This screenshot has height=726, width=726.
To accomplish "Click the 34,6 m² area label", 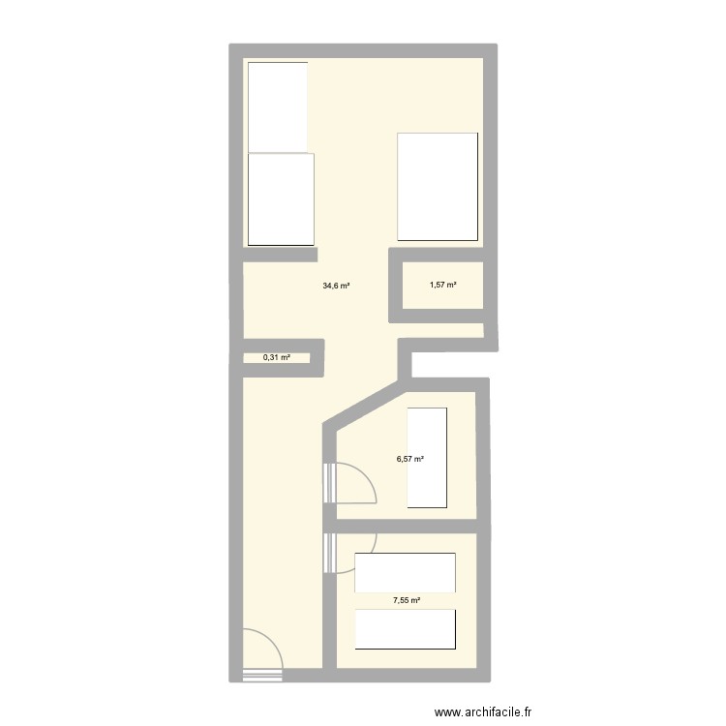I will (x=336, y=286).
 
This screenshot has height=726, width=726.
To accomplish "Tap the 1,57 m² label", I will (x=442, y=285).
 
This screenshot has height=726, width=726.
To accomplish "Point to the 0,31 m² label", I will (x=276, y=357).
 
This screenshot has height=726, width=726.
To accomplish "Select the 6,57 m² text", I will (x=409, y=460).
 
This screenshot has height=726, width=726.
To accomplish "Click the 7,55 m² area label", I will (x=407, y=600).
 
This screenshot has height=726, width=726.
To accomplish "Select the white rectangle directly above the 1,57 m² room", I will (x=438, y=187).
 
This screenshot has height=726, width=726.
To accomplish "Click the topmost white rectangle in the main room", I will (x=278, y=106).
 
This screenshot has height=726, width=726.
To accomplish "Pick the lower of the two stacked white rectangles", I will (x=281, y=198).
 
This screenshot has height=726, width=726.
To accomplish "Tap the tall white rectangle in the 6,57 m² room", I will (x=428, y=457).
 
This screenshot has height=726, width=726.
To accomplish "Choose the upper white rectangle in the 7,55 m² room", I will (x=406, y=572).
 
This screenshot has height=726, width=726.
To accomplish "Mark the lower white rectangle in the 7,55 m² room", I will (x=406, y=629).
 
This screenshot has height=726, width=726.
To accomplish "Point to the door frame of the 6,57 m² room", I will (x=328, y=483).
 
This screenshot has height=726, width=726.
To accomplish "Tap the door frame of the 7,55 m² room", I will (x=329, y=553).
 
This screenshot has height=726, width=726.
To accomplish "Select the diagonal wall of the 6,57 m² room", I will (x=366, y=404).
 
